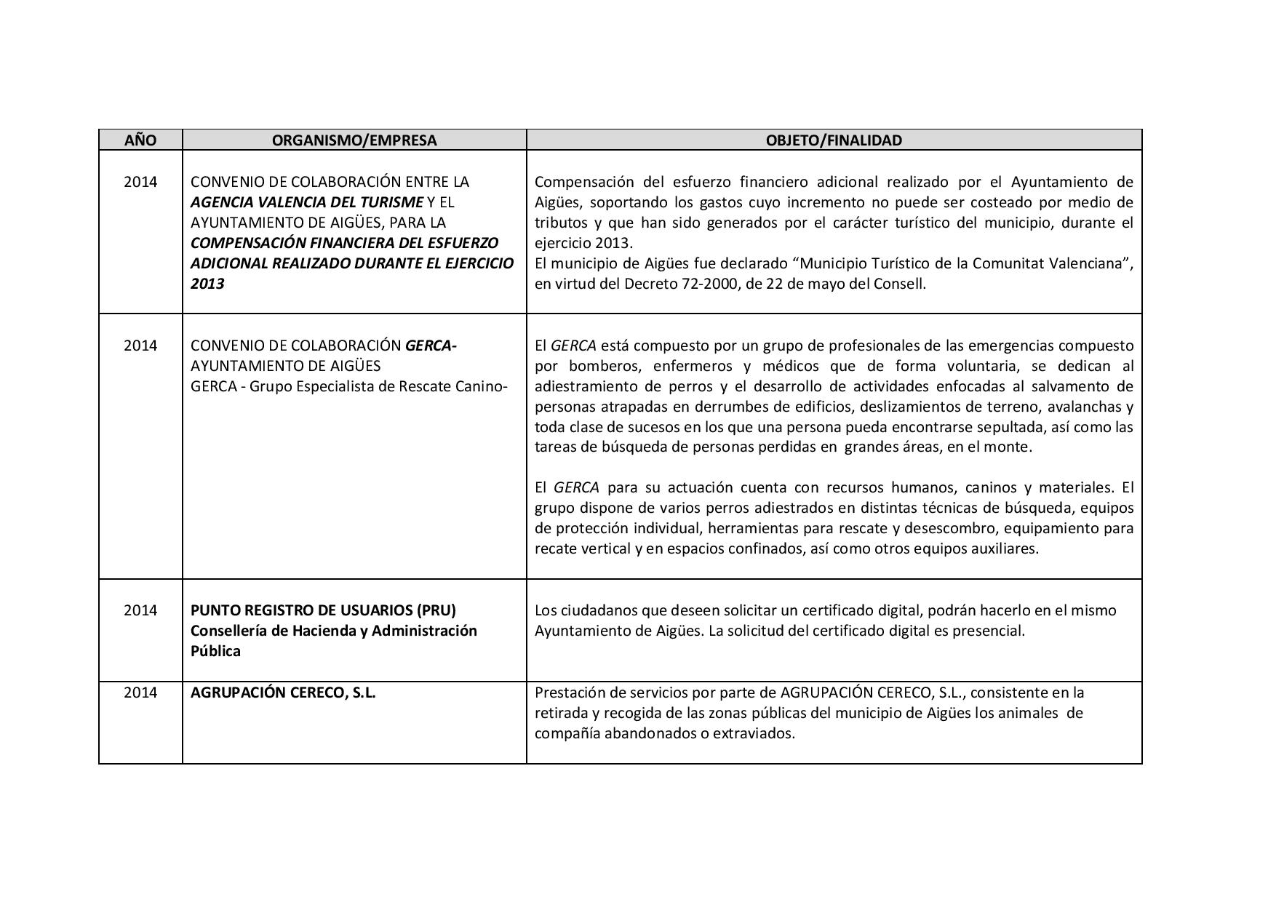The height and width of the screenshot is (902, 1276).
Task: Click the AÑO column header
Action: click(x=140, y=140)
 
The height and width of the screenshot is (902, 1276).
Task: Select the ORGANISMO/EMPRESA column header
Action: click(x=354, y=140)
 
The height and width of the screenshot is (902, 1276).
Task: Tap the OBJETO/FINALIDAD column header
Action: click(x=834, y=140)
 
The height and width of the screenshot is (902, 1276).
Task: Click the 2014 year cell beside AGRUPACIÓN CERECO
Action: click(x=140, y=693)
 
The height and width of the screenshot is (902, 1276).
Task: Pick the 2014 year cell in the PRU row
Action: click(x=140, y=610)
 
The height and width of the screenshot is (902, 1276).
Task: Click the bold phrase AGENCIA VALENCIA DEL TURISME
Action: click(x=306, y=202)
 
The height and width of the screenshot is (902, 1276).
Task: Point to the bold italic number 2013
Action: click(x=207, y=284)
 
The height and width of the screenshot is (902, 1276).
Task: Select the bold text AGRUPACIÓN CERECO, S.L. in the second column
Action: click(x=283, y=693)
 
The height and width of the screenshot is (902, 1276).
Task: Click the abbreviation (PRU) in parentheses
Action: click(x=432, y=610)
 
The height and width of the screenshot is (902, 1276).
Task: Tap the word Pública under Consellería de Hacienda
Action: click(x=215, y=651)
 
